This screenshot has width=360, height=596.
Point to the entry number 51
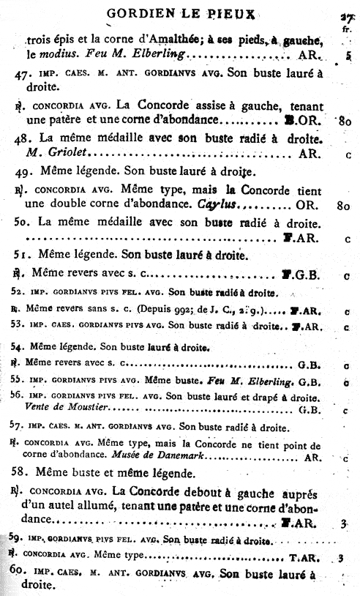(23, 256)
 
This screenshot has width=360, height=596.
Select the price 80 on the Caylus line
(342, 207)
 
